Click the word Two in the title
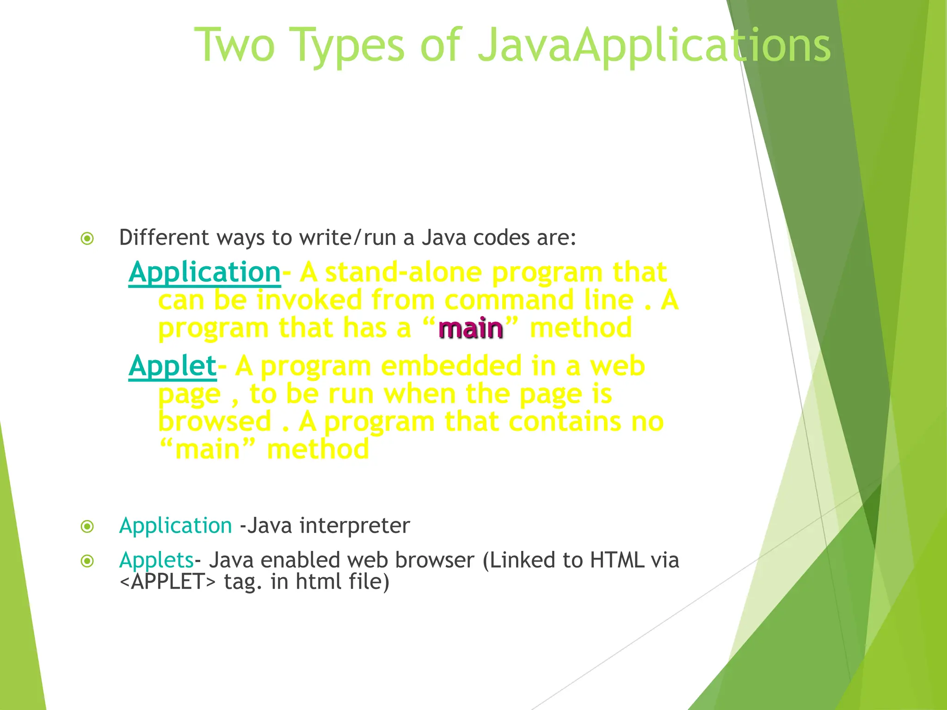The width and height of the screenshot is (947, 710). (235, 45)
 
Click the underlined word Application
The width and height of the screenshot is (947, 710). (204, 272)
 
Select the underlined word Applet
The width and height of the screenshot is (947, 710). (172, 366)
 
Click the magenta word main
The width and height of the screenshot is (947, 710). (470, 329)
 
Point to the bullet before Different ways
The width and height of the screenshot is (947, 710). (87, 239)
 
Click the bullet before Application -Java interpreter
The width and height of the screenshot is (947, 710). (87, 526)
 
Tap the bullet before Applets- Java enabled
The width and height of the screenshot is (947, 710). (87, 561)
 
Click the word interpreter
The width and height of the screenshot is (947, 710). (354, 526)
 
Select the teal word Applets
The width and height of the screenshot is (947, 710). (156, 560)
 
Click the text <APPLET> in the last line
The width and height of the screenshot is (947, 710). (167, 582)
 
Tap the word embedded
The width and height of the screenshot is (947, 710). (451, 366)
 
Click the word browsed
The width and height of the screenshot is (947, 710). (215, 422)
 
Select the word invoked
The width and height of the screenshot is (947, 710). (309, 300)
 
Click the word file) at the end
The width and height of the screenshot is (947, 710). (369, 582)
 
